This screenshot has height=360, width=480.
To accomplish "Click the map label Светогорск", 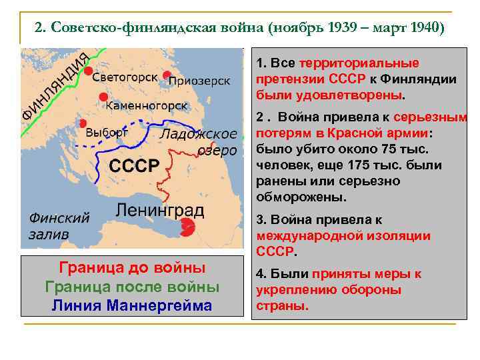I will coord(125,77).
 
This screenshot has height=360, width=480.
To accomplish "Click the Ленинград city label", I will coord(160,210).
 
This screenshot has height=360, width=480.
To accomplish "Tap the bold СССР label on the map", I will coord(134,165).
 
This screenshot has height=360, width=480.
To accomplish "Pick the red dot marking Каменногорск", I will coord(103,98).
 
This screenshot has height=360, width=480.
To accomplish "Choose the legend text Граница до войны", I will coord(132,268).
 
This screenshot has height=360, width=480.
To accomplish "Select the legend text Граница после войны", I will coord(132,287).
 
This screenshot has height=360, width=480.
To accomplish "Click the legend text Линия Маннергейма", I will coord(132,305).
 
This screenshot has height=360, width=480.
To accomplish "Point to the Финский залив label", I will coord(59,225).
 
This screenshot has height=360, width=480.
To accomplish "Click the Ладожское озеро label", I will coord(199,142).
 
